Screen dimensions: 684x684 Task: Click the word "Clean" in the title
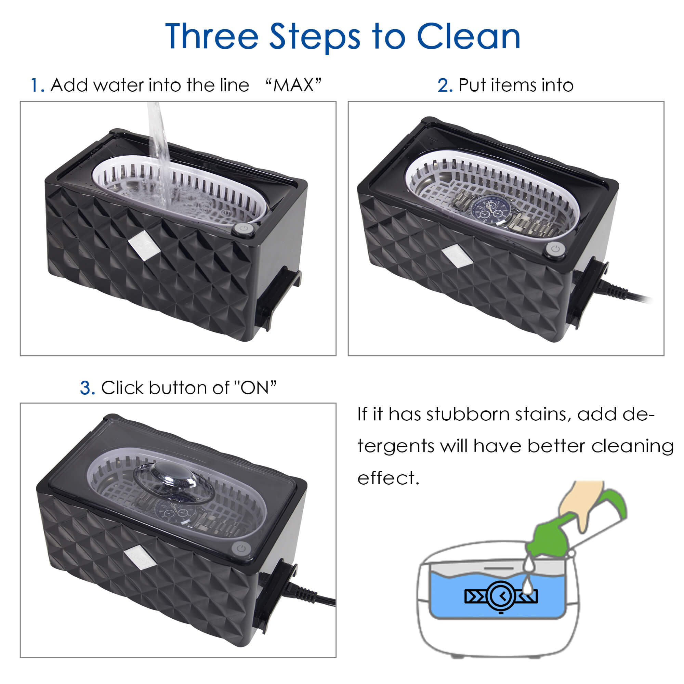pyautogui.click(x=469, y=36)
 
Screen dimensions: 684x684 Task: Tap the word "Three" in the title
pyautogui.click(x=212, y=36)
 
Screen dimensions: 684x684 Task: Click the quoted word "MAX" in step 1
pyautogui.click(x=293, y=85)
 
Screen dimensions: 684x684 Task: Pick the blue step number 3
pyautogui.click(x=88, y=388)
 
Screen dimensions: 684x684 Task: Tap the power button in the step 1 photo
pyautogui.click(x=244, y=229)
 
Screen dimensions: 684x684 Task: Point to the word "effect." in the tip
pyautogui.click(x=389, y=478)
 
